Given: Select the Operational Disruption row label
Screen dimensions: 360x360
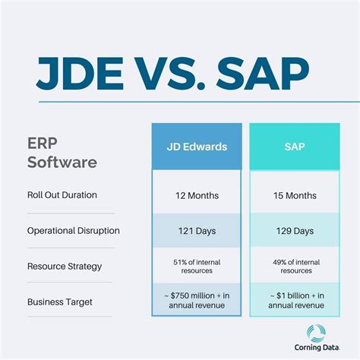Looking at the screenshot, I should [x=73, y=230].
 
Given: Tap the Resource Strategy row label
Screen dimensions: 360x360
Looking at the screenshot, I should [x=65, y=266].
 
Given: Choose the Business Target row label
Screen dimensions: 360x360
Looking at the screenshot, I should [x=59, y=302].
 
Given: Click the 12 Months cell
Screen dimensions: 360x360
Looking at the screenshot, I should [x=196, y=194].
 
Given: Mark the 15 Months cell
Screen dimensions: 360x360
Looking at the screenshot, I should [x=295, y=194].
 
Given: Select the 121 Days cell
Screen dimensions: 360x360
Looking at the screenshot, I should [x=196, y=230].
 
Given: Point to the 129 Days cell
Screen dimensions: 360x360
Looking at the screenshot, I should [x=295, y=230].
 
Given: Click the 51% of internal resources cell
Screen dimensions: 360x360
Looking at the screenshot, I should [x=196, y=266].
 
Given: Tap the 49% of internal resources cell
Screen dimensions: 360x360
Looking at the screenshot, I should [x=295, y=266].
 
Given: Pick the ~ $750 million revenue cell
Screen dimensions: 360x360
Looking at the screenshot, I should [x=196, y=301].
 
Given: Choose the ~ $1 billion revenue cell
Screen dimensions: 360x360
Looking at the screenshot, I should [x=295, y=301].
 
